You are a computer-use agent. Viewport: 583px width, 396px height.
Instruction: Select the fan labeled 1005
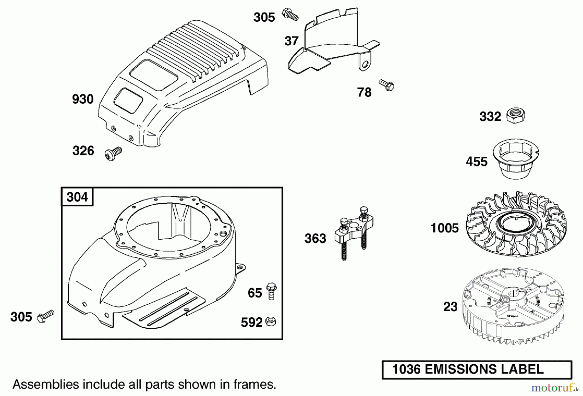tap(516, 224)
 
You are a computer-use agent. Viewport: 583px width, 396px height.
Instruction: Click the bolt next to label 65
tap(271, 291)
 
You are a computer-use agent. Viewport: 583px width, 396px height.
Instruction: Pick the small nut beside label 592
tap(270, 322)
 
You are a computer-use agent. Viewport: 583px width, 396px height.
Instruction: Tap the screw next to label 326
tap(113, 153)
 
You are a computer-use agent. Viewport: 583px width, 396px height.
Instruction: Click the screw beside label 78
tap(386, 85)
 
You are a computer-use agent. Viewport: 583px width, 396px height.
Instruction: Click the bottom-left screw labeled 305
tap(46, 316)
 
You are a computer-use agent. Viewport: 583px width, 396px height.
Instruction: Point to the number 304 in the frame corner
tap(77, 197)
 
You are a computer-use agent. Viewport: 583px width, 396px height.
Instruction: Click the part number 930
tap(83, 99)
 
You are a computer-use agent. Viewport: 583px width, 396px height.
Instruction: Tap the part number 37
tap(291, 41)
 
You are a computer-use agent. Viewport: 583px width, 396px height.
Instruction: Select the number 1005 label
tap(445, 228)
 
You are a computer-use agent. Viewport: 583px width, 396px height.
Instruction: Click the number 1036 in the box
tap(406, 369)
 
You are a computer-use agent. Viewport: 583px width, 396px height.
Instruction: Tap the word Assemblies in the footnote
tap(45, 384)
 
